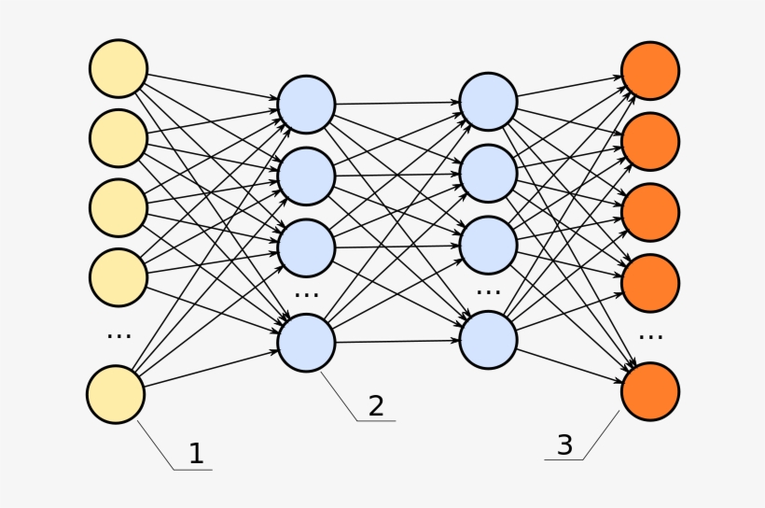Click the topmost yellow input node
(x=118, y=69)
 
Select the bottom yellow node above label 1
(x=117, y=394)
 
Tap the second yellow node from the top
(x=118, y=138)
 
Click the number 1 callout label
(x=196, y=454)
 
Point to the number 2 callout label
(x=375, y=405)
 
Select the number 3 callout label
(x=564, y=445)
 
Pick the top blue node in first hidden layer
(x=306, y=104)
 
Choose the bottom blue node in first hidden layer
(x=306, y=342)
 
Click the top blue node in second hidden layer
(x=488, y=102)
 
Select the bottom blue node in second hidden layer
(x=488, y=340)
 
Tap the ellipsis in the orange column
(x=650, y=335)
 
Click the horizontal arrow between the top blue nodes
(x=396, y=103)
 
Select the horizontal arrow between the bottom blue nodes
(x=396, y=341)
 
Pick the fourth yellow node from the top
(x=118, y=276)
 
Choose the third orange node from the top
(x=650, y=212)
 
